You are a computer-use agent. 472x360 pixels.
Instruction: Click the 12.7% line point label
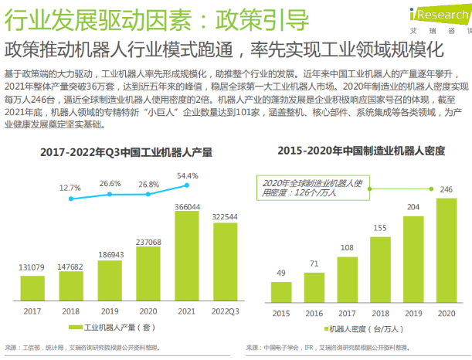click(x=70, y=188)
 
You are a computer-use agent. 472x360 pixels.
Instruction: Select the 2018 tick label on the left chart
click(x=72, y=311)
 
